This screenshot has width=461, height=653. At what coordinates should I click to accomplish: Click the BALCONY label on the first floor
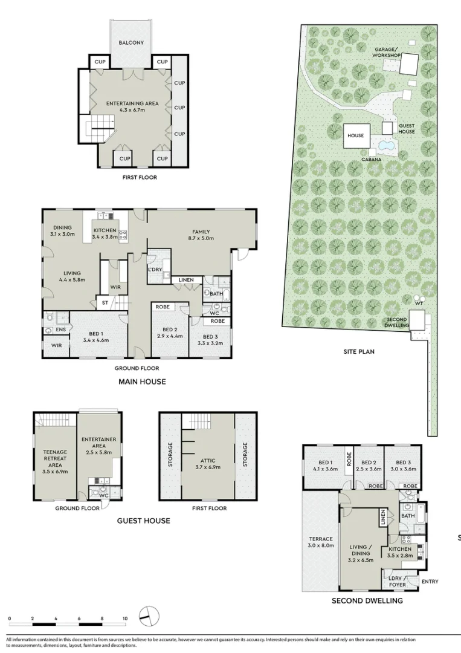pos(131,42)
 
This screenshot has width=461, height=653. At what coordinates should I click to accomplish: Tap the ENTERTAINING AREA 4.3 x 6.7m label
pos(132,106)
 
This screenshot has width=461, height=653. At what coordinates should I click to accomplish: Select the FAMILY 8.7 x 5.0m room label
pos(201,235)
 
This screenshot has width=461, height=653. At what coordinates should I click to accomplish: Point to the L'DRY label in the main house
pos(155,270)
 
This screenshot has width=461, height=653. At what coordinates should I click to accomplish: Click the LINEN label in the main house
pos(186,280)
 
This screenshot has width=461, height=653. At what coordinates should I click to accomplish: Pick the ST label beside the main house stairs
pos(105,303)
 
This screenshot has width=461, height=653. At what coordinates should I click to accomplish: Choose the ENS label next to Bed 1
pos(61,330)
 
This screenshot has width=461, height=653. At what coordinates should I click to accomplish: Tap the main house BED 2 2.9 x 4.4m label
pos(170,333)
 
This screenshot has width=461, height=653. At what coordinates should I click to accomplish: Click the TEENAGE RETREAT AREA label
pos(55,461)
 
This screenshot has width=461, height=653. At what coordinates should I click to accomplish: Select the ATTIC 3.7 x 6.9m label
pos(208,464)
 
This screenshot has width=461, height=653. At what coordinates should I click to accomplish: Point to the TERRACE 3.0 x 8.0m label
pos(321,542)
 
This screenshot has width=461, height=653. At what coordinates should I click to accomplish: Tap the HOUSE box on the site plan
pos(356,135)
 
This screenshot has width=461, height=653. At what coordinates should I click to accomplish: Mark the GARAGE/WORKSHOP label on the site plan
pos(386,52)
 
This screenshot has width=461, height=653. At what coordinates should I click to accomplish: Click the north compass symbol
pos(149,616)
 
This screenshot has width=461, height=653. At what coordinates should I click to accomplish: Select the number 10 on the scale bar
pos(125,619)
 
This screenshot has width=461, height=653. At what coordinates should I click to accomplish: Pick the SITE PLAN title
pos(359,351)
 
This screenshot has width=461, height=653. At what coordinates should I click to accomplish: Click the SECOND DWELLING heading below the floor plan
pos(367,600)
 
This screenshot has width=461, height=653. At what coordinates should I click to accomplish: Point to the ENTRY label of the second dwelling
pos(430,582)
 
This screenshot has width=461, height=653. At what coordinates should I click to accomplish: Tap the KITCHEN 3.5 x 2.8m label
pos(400,552)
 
